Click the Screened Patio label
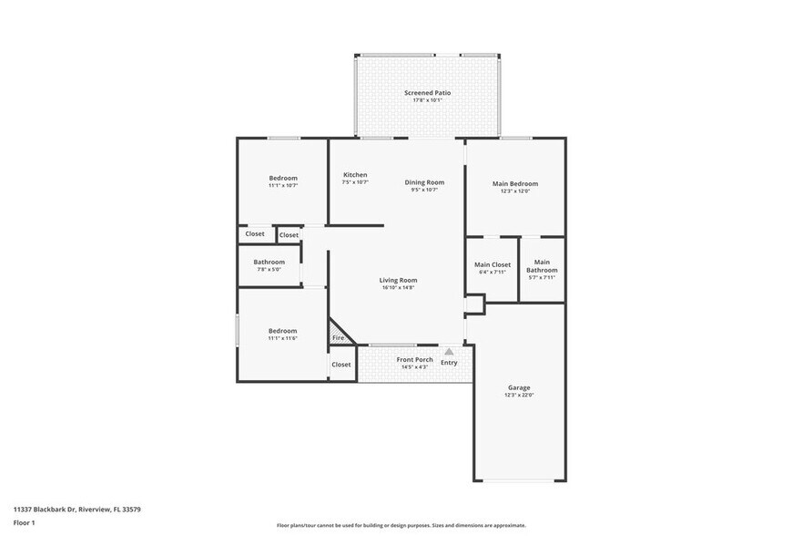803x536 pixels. coord(427,93)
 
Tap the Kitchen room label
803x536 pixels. coord(355,175)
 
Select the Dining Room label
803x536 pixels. coord(424,182)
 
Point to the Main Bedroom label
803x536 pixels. coord(514,184)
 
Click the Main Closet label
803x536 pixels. coord(493,264)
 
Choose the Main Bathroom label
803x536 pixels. coord(542,266)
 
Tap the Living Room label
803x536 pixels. coord(398,280)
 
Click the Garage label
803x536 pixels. coord(519,387)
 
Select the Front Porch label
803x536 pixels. coord(414,360)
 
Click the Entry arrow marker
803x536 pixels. coord(449,351)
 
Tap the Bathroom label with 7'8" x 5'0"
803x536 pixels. coord(269,263)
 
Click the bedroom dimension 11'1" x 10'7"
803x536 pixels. coord(283,185)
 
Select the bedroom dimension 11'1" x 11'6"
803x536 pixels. coord(282,338)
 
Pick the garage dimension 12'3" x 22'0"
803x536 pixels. coord(519,396)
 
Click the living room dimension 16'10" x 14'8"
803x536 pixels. coord(398,288)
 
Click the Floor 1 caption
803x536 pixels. coord(24,522)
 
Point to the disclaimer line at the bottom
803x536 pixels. coord(401,525)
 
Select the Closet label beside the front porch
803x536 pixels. coord(341,365)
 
